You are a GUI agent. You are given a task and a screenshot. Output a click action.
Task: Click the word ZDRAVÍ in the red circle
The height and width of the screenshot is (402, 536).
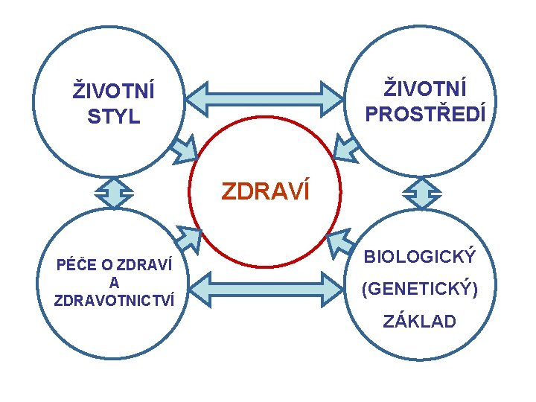click(x=265, y=192)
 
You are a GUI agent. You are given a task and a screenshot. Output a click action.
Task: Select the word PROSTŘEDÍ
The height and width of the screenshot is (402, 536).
click(x=425, y=113)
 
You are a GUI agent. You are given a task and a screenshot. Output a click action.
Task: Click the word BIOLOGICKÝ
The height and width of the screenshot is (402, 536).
click(x=419, y=257)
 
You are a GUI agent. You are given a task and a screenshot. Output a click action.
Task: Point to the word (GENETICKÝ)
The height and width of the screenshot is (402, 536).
click(x=419, y=289)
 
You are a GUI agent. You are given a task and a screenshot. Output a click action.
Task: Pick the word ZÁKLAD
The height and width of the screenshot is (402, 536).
click(x=419, y=322)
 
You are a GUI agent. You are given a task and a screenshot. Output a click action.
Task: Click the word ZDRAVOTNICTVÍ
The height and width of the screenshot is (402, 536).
click(x=115, y=300)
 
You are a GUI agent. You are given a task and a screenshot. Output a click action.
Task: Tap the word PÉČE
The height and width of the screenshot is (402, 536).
click(x=72, y=265)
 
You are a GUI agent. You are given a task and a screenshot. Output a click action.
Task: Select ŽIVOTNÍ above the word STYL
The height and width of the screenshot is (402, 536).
click(x=113, y=92)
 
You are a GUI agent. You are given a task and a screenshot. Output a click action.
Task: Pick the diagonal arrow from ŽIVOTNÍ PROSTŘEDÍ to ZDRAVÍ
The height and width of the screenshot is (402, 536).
click(x=346, y=148)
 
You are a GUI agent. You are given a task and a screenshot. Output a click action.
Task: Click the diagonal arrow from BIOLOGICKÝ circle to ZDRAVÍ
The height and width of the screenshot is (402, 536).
click(x=341, y=242)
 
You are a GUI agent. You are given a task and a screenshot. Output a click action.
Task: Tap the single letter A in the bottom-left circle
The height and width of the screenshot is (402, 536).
click(x=114, y=283)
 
